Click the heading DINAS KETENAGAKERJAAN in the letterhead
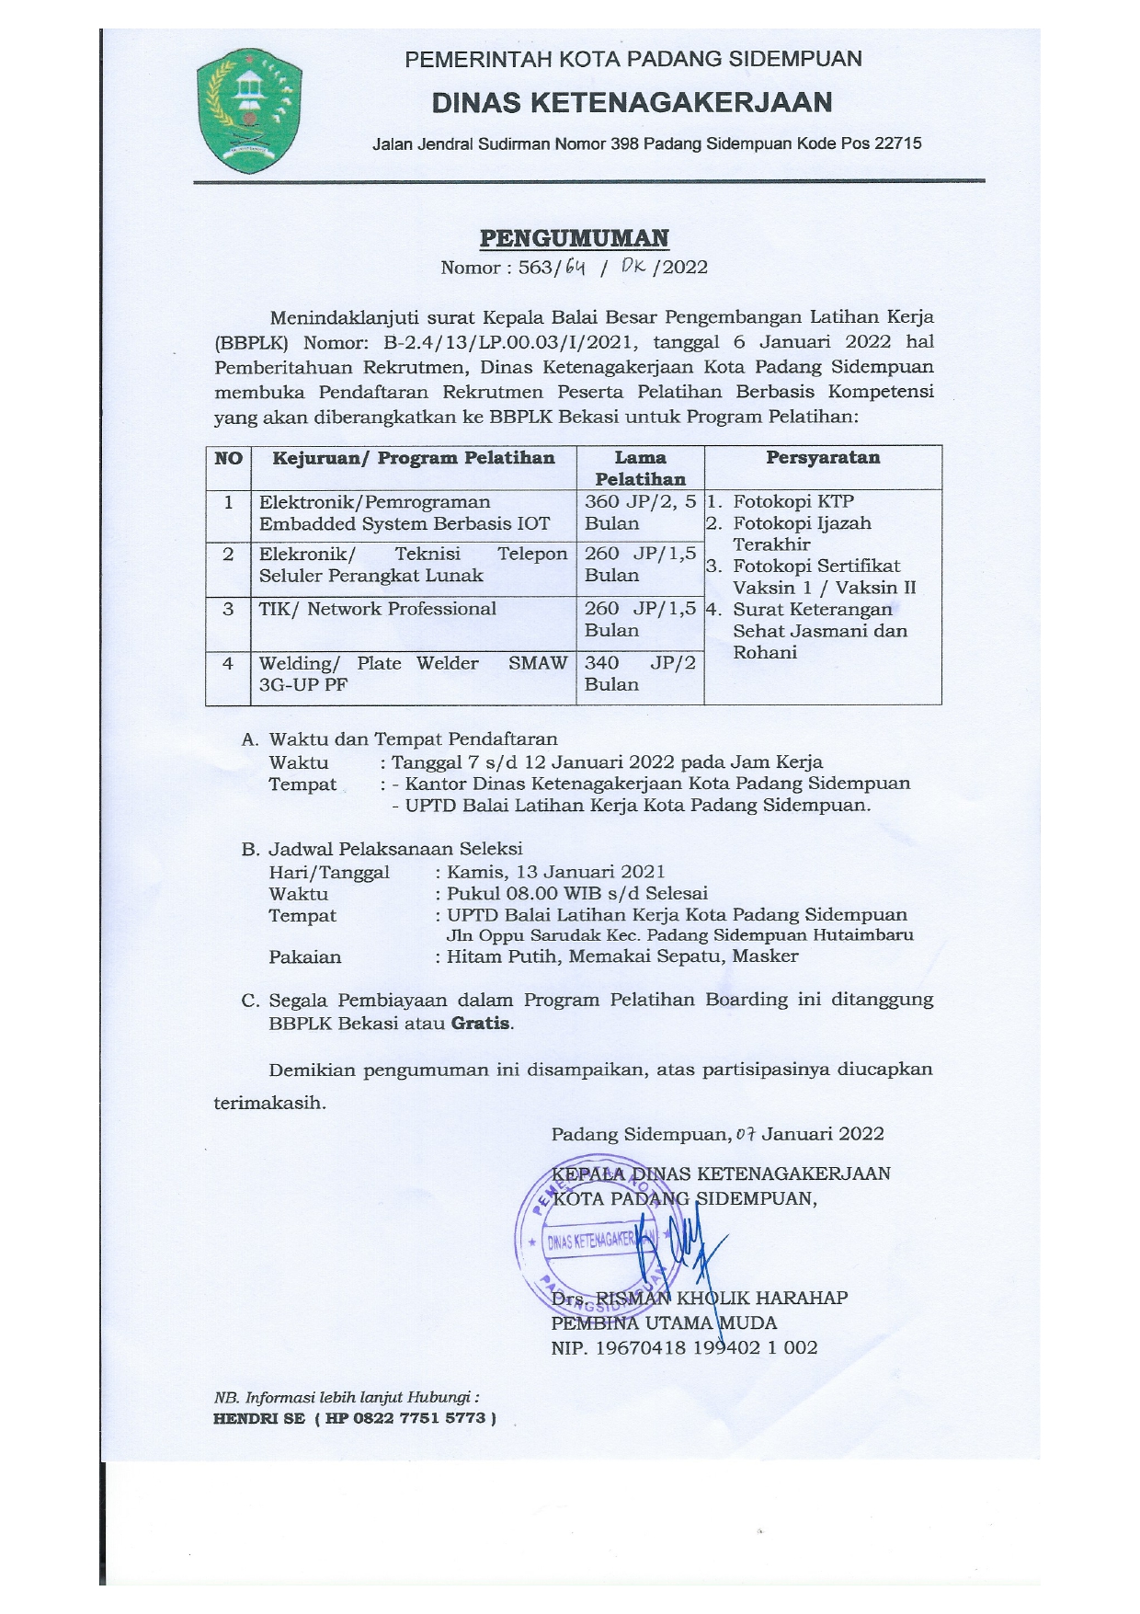[x=633, y=102]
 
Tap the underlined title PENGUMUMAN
[x=575, y=239]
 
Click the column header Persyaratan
[x=822, y=458]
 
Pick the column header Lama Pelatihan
[x=640, y=468]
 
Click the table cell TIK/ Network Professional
[x=377, y=609]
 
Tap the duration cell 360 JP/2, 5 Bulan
[x=640, y=512]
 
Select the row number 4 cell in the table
[x=228, y=663]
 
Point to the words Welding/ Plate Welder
[x=369, y=663]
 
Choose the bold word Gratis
[x=481, y=1024]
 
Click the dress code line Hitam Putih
[x=504, y=956]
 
